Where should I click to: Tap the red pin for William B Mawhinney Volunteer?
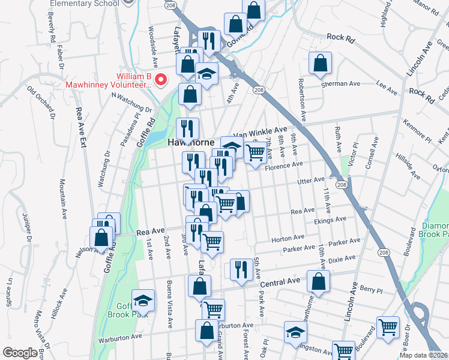pyautogui.click(x=161, y=80)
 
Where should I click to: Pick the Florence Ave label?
pyautogui.click(x=289, y=165)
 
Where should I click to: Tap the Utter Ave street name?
pyautogui.click(x=312, y=179)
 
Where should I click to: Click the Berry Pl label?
pyautogui.click(x=371, y=290)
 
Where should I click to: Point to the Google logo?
pyautogui.click(x=19, y=353)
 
